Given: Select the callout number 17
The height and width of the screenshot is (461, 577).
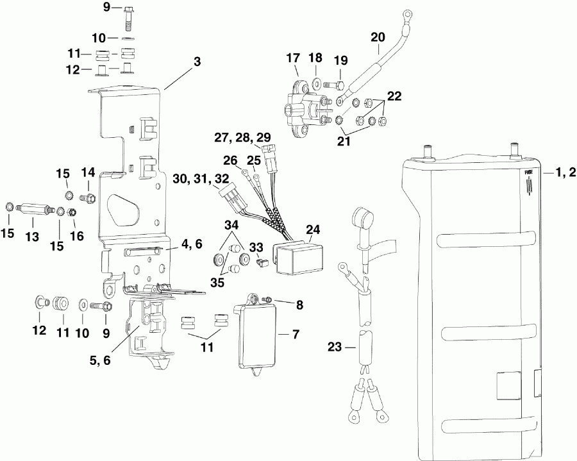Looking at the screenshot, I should [293, 58].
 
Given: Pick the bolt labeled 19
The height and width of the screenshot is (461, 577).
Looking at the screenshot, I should [335, 83].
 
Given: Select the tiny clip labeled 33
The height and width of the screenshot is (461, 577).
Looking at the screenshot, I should [261, 262].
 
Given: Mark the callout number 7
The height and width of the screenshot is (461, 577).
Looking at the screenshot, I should [296, 334].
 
